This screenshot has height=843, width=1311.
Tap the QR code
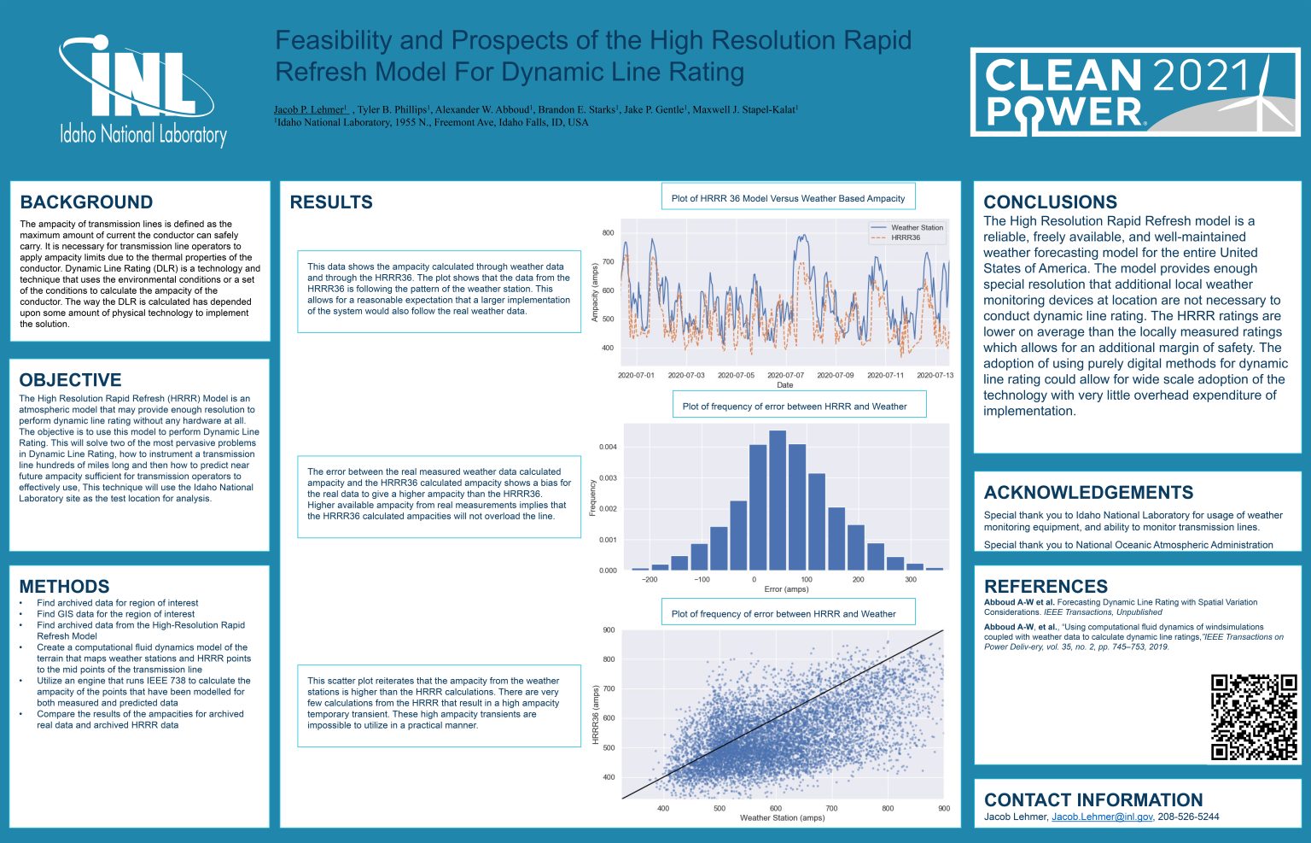point(1254,717)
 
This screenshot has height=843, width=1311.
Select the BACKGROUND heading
point(86,202)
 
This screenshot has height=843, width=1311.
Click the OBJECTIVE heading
point(70,380)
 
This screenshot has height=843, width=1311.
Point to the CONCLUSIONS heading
point(1050,202)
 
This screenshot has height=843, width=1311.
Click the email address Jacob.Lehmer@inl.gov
point(1102,817)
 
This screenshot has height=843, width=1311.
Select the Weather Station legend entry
point(917,227)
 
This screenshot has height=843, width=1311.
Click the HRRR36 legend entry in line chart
point(905,237)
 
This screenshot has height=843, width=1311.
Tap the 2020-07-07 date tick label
point(785,375)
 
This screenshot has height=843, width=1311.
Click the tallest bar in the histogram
point(778,500)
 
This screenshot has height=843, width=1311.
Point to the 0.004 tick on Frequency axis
point(608,447)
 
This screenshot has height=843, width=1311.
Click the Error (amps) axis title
point(786,589)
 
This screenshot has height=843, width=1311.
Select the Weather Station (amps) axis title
point(782,817)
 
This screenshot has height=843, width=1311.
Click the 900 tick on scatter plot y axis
point(609,630)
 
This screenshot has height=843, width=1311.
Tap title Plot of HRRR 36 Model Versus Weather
point(788,198)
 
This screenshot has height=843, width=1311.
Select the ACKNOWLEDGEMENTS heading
point(1088,493)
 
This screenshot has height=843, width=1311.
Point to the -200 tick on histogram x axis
point(649,579)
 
